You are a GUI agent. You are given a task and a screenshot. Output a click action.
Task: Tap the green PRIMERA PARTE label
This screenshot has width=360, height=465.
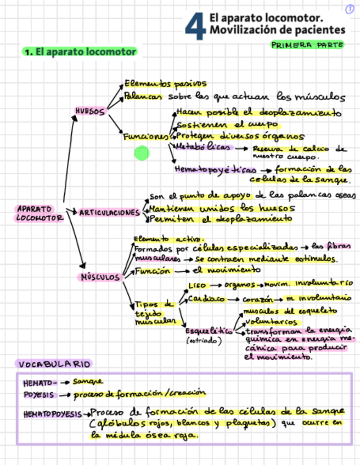coord(307,45)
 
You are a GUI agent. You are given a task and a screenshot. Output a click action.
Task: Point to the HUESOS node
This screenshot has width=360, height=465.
coord(90,111)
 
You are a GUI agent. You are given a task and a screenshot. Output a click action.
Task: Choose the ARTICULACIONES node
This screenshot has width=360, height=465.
coord(110,212)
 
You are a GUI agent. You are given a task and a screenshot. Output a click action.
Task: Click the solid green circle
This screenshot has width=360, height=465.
coord(142,153)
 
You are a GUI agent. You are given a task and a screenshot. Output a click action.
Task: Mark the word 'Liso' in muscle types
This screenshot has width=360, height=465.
coord(196,286)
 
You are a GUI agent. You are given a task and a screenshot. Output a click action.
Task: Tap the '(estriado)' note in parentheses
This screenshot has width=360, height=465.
coord(204,341)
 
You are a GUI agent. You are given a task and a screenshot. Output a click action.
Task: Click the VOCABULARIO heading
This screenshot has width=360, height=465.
coord(53,364)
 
